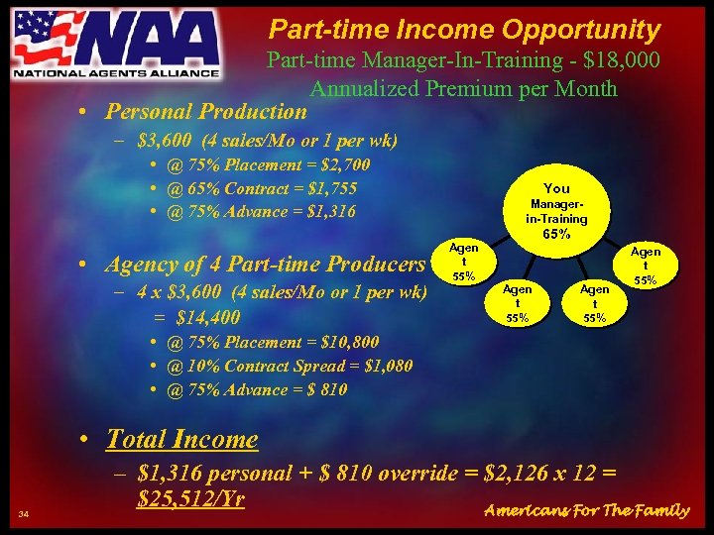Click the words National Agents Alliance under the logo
(115, 72)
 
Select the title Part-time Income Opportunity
(464, 30)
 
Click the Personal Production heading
(206, 111)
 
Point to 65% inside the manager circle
(556, 236)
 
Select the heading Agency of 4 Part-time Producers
(264, 265)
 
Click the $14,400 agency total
(208, 317)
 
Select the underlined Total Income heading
(181, 439)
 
